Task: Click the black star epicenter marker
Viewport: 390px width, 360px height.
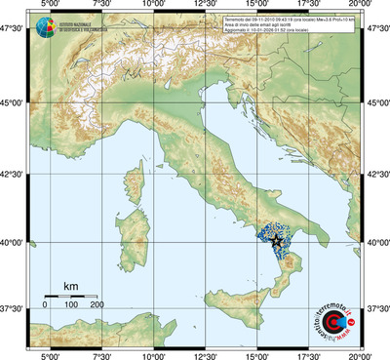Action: point(277,240)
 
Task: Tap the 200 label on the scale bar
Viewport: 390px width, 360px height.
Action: point(97,305)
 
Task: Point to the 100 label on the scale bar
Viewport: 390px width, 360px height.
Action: point(71,305)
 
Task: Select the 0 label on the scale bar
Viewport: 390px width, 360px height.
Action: point(45,305)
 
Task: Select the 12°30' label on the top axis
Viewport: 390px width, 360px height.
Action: point(205,6)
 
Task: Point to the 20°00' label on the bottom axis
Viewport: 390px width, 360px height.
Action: point(362,354)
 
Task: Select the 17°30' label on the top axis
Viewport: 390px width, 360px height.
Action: point(309,6)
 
